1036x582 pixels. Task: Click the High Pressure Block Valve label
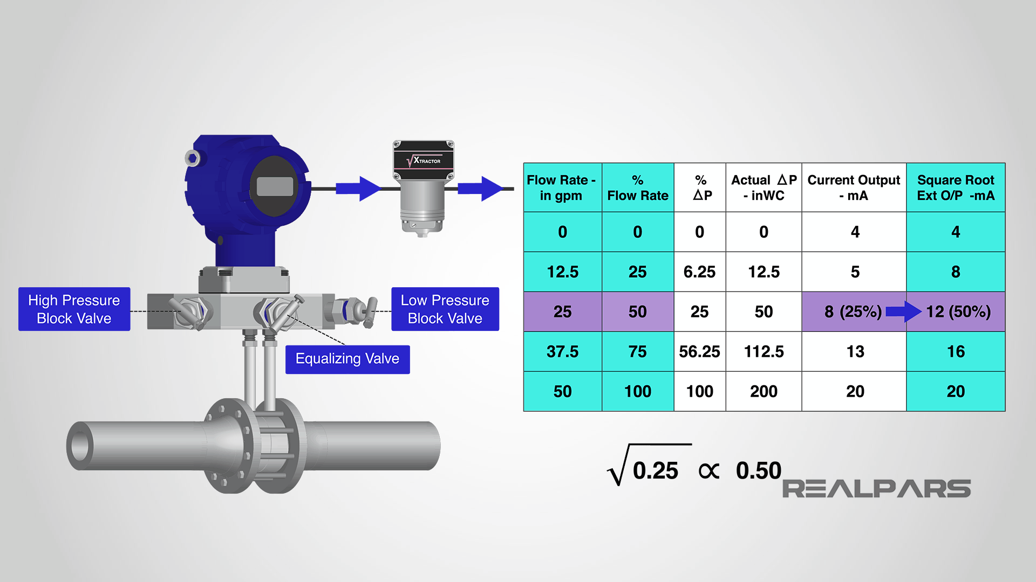[74, 309]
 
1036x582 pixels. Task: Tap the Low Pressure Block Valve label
[445, 309]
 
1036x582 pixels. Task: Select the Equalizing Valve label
[347, 359]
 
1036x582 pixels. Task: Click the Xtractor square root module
[424, 186]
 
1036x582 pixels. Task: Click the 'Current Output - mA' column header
[854, 188]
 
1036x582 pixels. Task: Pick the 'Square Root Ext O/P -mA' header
[956, 188]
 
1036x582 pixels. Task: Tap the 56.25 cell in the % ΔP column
[699, 352]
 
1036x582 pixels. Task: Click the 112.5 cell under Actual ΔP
[764, 352]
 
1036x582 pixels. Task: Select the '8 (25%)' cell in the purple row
[853, 312]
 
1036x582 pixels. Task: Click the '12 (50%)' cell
[958, 312]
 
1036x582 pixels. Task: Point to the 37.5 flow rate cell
[562, 352]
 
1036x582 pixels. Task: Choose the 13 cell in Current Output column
[855, 352]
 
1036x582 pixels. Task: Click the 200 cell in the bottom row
[764, 392]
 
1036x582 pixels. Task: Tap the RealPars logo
[876, 489]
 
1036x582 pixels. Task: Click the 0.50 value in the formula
[758, 471]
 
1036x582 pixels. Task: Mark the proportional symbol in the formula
[708, 472]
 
